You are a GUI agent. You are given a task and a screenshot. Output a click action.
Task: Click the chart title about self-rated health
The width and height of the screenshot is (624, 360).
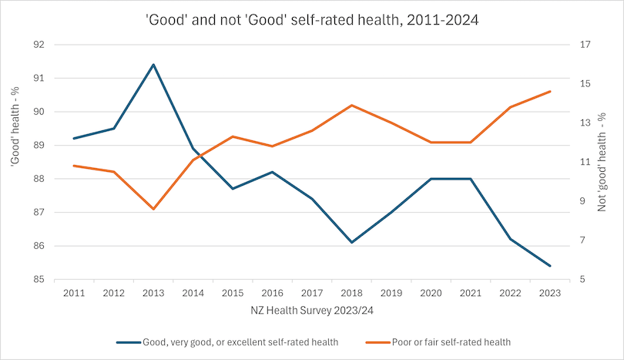coord(312,21)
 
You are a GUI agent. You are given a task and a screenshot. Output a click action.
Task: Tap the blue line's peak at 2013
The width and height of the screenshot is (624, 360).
coord(153,65)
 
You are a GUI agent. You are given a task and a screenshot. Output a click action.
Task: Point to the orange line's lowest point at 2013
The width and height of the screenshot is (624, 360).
coord(153,209)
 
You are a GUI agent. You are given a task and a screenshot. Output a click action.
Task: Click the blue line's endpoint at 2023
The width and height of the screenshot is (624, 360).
coord(549,266)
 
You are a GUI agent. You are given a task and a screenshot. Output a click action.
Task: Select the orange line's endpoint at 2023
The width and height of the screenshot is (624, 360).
coord(549,91)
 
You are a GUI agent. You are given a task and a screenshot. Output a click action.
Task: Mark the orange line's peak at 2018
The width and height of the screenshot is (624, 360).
coord(351,105)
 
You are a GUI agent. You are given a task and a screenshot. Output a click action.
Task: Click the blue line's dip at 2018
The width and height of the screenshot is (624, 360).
coord(351,243)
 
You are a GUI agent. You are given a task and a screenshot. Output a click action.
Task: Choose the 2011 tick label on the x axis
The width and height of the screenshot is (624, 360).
coord(74,293)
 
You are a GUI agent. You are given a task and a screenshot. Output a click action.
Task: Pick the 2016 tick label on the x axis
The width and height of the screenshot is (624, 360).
coord(272,293)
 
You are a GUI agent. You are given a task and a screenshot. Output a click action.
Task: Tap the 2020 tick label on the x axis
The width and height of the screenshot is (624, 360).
coord(431,293)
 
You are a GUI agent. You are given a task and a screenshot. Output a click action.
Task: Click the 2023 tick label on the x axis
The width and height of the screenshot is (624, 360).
coord(549,293)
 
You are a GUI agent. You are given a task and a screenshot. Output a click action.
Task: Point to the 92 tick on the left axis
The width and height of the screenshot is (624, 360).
coord(38,45)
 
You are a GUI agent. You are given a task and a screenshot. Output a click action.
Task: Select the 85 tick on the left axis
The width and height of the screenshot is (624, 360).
coord(38,280)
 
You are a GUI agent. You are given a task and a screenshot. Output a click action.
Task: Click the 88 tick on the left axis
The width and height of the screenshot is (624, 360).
coord(38,179)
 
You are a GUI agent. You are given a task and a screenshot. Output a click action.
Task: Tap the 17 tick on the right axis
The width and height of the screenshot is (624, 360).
coord(585,45)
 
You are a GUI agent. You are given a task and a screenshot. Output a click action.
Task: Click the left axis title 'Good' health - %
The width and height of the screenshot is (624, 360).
coord(14,162)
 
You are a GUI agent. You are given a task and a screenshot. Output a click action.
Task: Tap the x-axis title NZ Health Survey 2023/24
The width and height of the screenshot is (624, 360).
coord(311,311)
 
